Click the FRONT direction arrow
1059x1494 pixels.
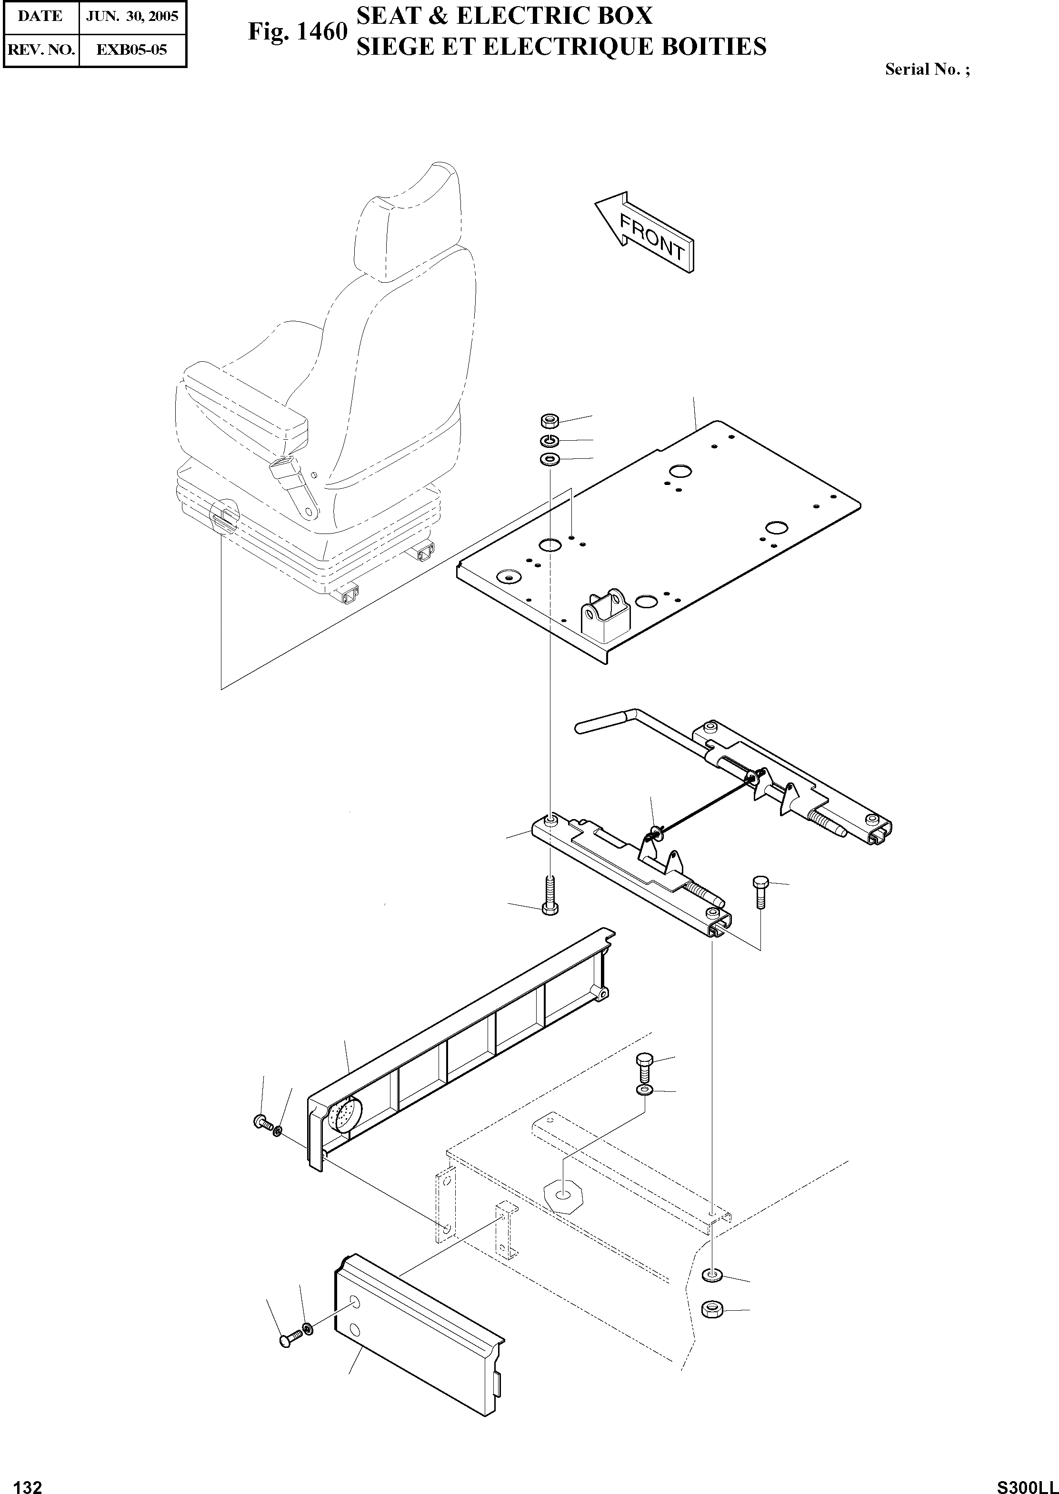644,232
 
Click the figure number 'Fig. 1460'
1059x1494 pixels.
297,32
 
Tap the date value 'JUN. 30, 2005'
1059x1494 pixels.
132,16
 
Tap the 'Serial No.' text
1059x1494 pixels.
927,69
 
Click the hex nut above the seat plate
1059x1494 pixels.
549,419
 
